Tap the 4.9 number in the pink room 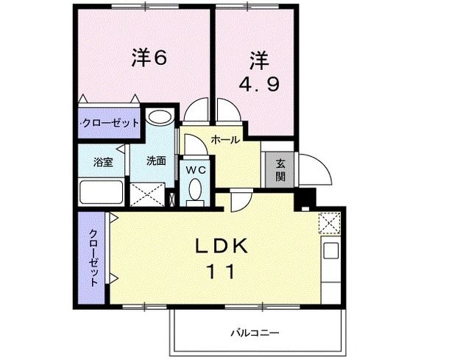258,83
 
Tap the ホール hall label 224,139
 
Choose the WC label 195,169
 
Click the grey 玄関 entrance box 280,171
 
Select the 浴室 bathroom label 102,162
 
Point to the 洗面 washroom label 155,161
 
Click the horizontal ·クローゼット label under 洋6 110,123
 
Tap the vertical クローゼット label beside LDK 94,258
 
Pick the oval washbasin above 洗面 158,118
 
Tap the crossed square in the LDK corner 327,222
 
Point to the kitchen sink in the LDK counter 330,250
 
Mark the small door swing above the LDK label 240,201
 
